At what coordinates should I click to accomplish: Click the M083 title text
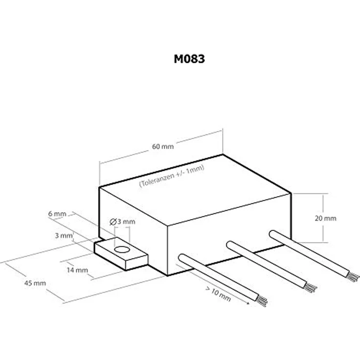[x=189, y=59]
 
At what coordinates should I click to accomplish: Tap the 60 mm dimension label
[x=163, y=146]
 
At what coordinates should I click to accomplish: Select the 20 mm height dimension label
[x=325, y=218]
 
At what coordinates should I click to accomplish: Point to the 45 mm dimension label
[x=35, y=283]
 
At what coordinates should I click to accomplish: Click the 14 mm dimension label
[x=77, y=270]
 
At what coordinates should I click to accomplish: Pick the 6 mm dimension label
[x=57, y=214]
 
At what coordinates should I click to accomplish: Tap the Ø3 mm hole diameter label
[x=122, y=222]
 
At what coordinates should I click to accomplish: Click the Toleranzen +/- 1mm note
[x=172, y=176]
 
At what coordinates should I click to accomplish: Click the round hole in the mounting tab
[x=122, y=249]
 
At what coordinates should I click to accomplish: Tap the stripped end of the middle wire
[x=311, y=287]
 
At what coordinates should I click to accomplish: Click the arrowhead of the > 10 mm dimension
[x=247, y=303]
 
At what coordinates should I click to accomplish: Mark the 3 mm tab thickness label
[x=64, y=236]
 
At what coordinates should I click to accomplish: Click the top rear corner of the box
[x=223, y=155]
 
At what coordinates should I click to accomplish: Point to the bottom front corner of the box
[x=168, y=275]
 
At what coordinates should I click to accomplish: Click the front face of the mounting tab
[x=137, y=263]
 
